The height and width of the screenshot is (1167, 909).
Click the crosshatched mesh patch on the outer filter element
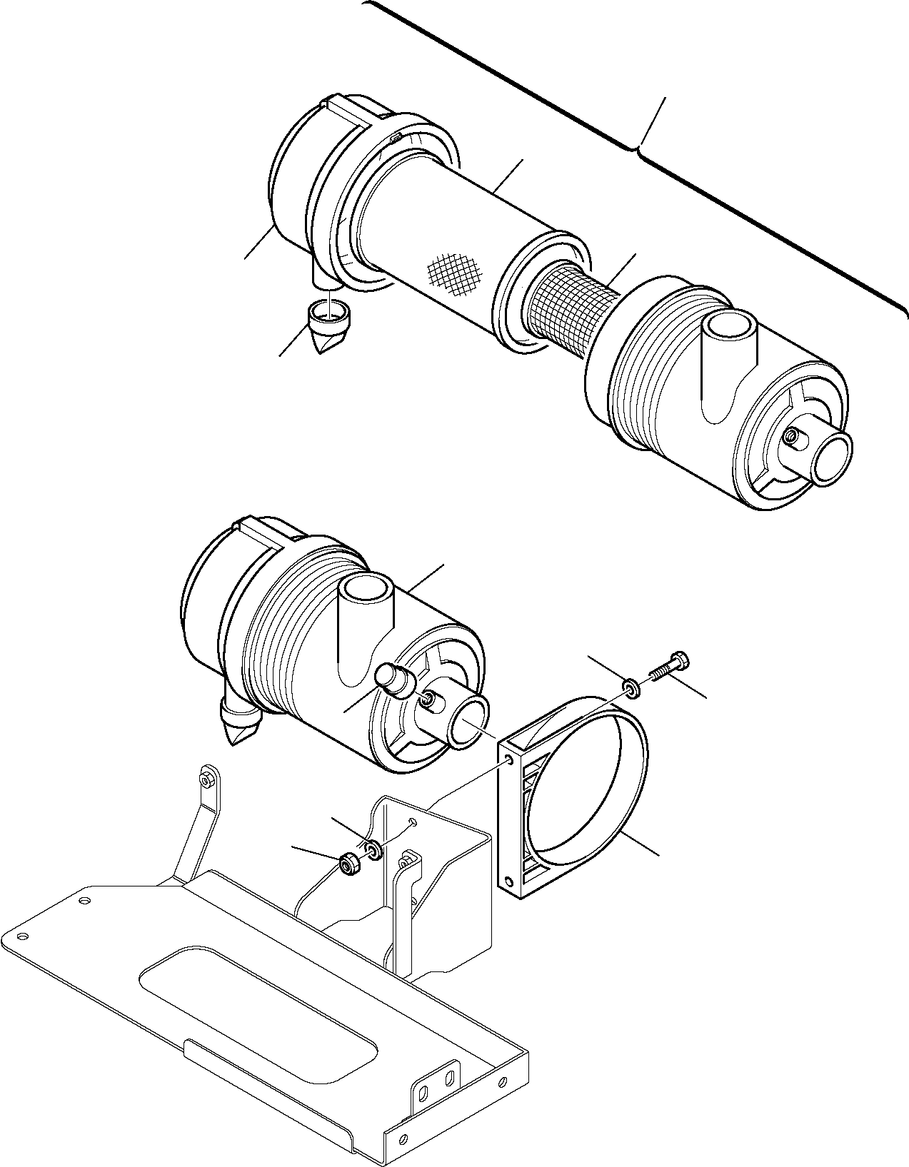(x=456, y=273)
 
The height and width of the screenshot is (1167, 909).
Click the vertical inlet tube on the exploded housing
(x=728, y=335)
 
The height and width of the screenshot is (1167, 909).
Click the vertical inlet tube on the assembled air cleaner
(x=366, y=594)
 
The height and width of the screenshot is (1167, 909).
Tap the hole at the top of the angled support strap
(x=206, y=782)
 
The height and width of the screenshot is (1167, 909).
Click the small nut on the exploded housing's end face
(x=791, y=436)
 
